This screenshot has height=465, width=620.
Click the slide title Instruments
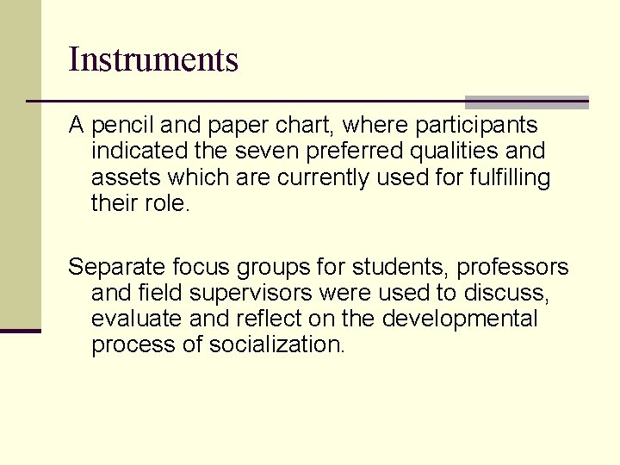coord(153,60)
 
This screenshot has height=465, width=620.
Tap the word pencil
coord(118,126)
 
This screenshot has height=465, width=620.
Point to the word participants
coord(476,126)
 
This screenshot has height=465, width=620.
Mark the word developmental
coord(460,319)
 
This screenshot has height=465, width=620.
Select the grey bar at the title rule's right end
coord(527,102)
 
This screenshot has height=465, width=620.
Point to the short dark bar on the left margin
coord(21,331)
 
